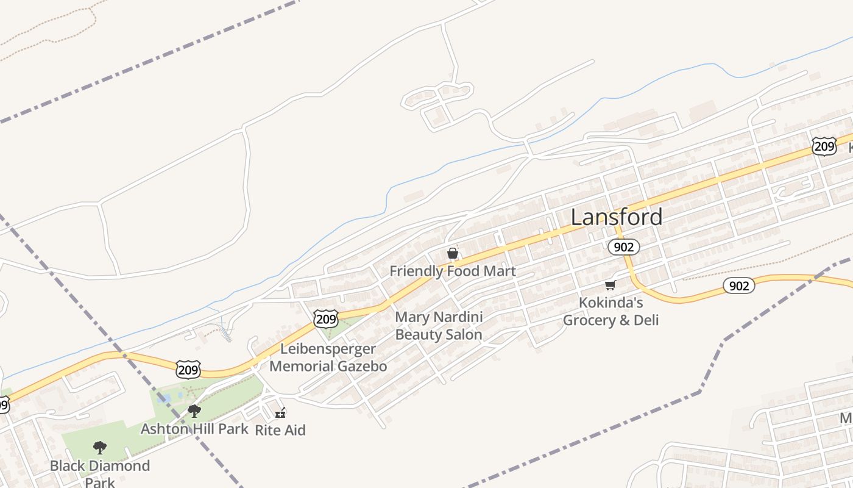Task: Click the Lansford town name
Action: tap(616, 217)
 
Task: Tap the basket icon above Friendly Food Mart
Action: tap(453, 253)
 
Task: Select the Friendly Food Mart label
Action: tap(453, 271)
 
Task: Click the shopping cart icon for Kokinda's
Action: tap(610, 285)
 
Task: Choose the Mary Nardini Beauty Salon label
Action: tap(439, 326)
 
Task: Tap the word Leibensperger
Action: tap(328, 350)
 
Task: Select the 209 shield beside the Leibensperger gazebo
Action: tap(326, 318)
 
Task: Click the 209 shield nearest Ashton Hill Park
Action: tap(188, 369)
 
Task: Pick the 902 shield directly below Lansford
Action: tap(623, 247)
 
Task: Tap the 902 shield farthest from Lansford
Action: tap(738, 285)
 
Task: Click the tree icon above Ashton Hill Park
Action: tap(194, 411)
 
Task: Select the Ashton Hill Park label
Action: tap(194, 429)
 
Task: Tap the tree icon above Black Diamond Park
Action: tap(100, 448)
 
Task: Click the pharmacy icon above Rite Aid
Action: tap(280, 413)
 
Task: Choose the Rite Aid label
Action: tap(280, 430)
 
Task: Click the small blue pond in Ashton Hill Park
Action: tap(165, 399)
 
